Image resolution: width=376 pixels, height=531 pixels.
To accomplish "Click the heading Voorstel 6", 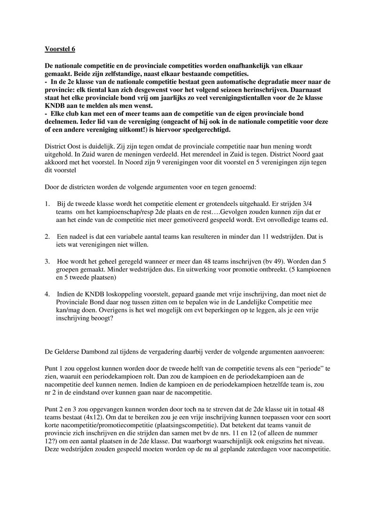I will coord(59,48).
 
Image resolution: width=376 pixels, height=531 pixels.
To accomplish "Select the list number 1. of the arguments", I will coord(47,204).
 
